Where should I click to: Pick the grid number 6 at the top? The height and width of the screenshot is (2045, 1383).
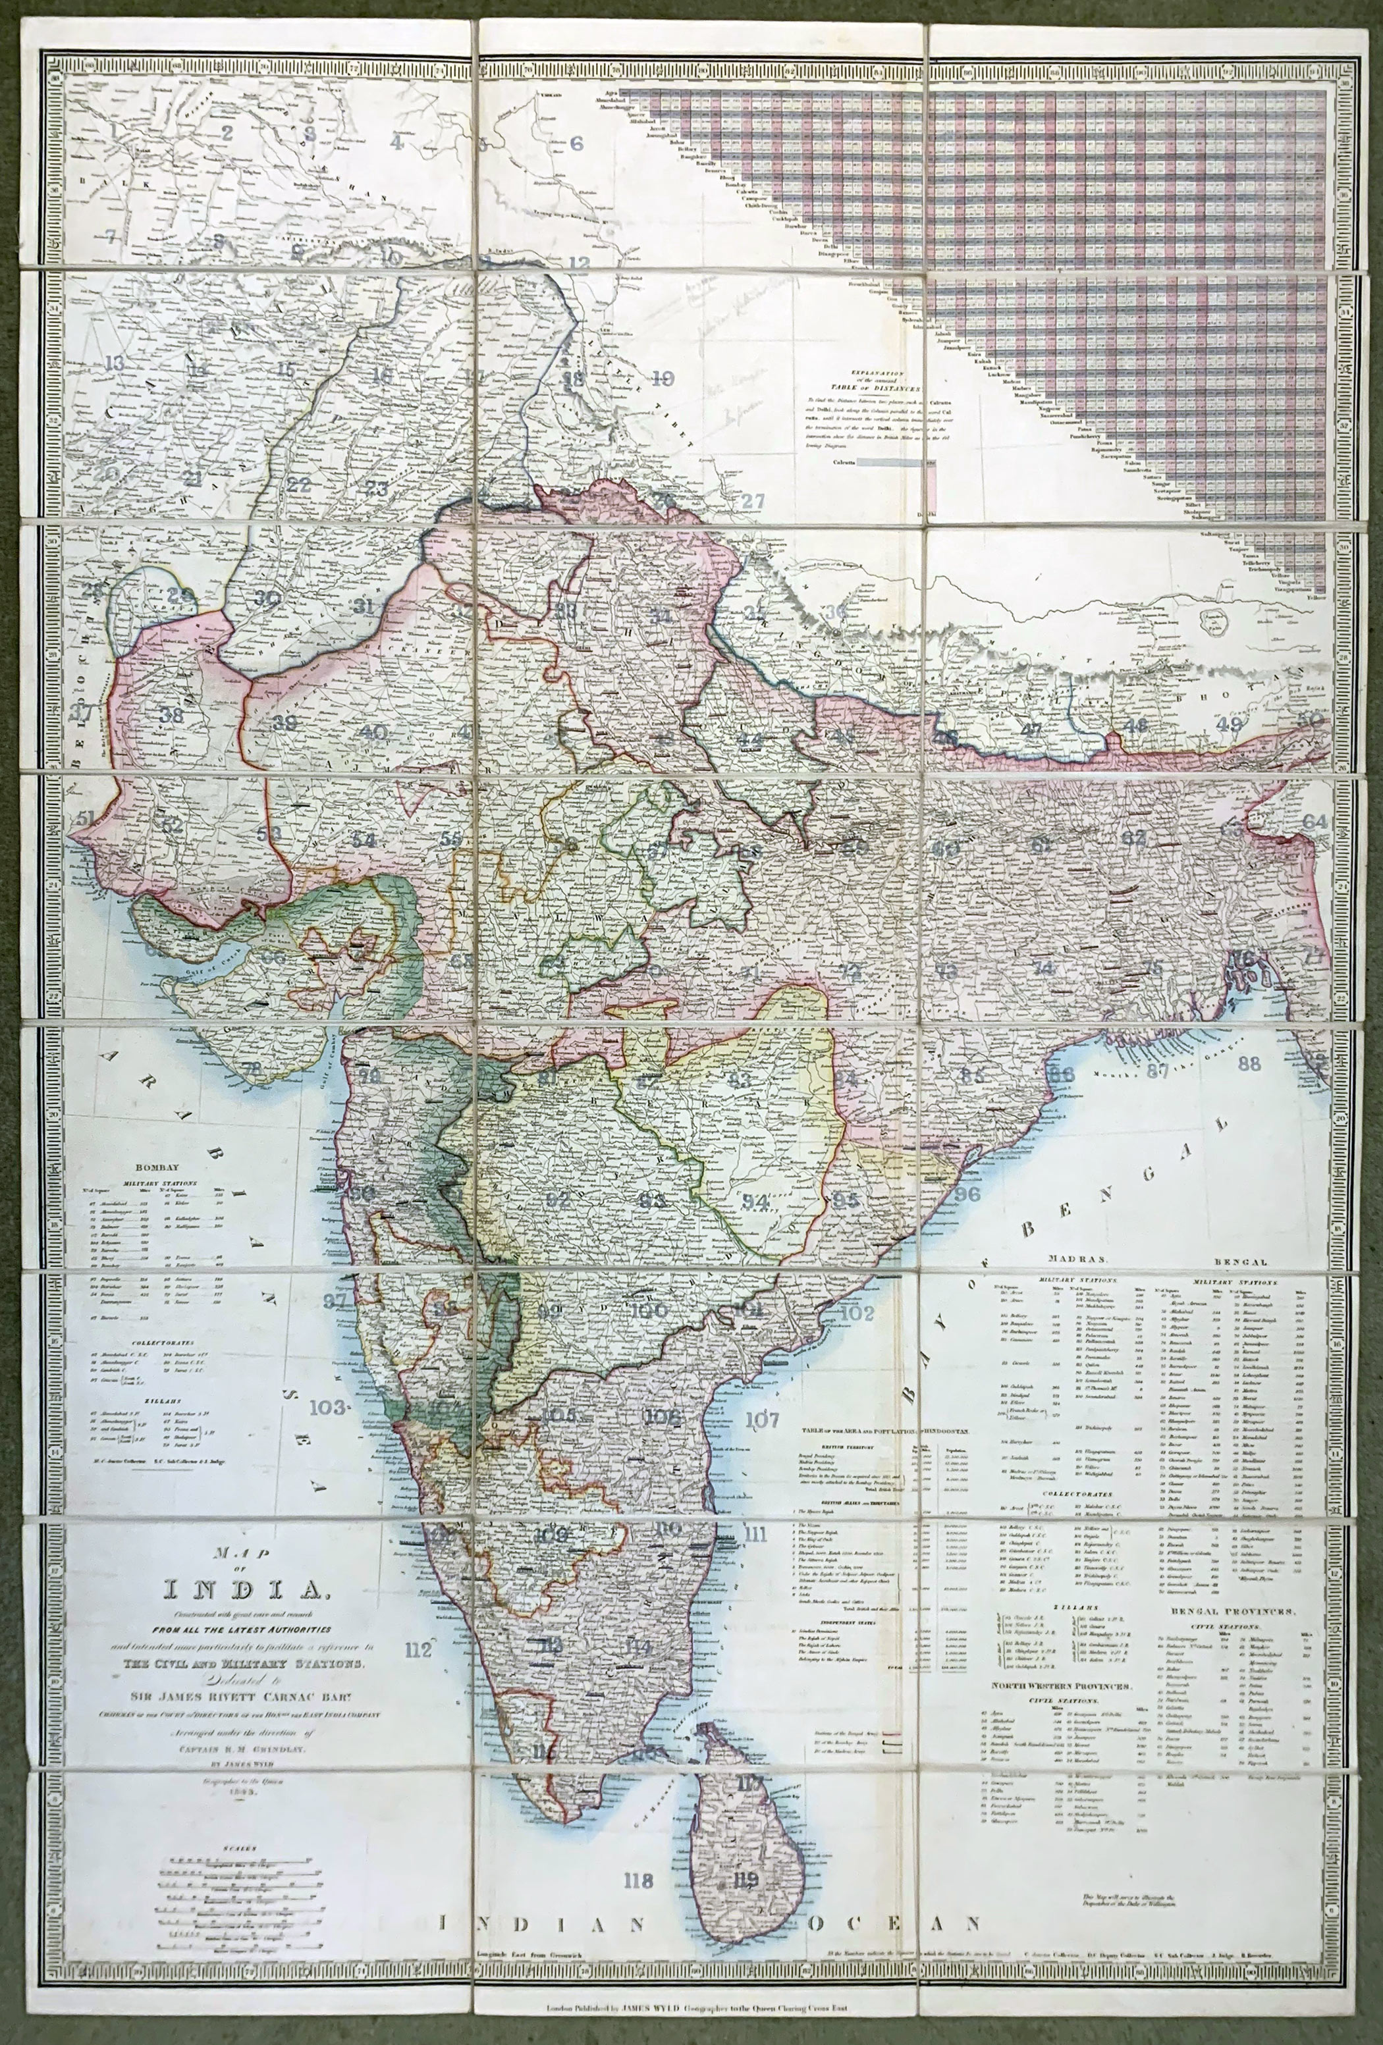(577, 144)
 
